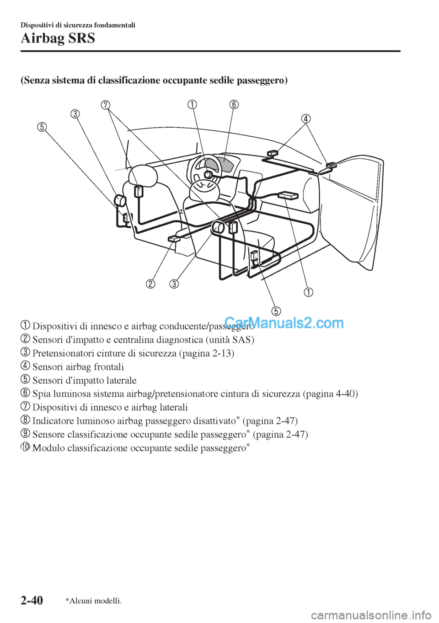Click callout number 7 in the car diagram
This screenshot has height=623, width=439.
[106, 105]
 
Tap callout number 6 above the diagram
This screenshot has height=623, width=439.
[234, 104]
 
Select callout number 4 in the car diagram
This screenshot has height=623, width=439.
[305, 119]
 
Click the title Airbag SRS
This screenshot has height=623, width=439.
[58, 38]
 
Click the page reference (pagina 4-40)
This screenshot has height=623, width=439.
[331, 394]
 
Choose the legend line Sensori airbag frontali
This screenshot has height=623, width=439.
[78, 367]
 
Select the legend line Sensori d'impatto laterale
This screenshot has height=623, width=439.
[85, 380]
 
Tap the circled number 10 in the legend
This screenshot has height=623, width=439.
[26, 447]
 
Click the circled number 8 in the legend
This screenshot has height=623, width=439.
[26, 420]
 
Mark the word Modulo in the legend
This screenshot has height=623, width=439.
[48, 448]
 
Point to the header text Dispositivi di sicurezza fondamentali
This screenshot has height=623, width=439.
[78, 25]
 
